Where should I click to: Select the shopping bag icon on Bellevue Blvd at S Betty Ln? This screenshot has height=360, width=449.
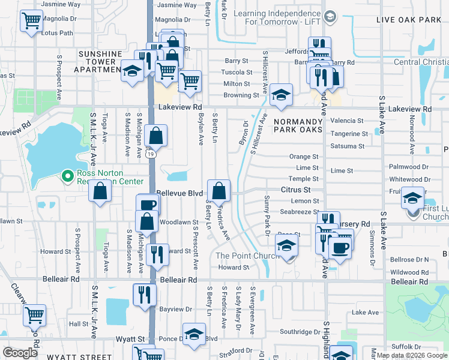[x=219, y=191]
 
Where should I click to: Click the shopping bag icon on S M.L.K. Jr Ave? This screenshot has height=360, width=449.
[x=100, y=191]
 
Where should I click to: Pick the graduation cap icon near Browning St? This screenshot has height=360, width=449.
[x=281, y=94]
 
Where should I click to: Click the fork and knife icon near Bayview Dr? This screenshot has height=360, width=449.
[x=145, y=295]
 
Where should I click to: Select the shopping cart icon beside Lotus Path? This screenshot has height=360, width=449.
[x=31, y=21]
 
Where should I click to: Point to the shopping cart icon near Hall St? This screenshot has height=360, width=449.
[x=35, y=313]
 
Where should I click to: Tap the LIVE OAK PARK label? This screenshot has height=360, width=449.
[x=408, y=20]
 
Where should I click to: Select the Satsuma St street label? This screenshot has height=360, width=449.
[x=347, y=146]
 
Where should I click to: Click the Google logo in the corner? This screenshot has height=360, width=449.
[x=20, y=353]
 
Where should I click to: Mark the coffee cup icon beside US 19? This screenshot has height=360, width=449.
[x=147, y=205]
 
